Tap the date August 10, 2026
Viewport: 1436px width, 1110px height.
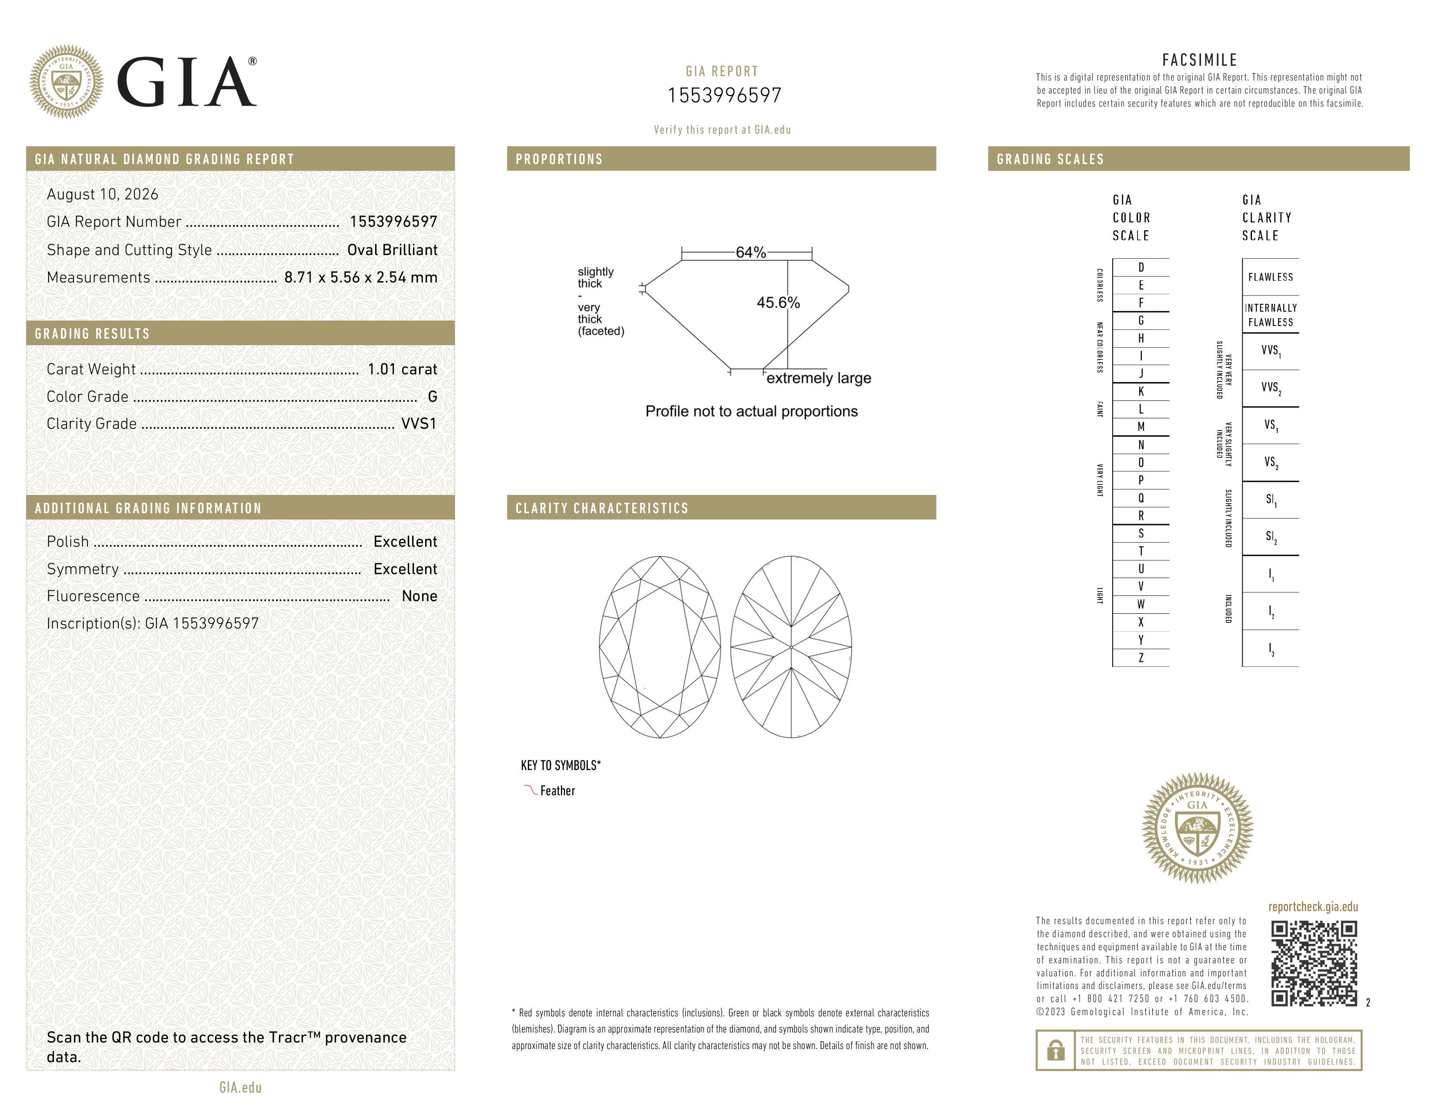pos(103,195)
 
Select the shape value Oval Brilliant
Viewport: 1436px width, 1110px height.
pos(393,250)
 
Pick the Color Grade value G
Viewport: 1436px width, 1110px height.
pos(432,397)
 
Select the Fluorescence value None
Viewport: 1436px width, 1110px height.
pos(419,596)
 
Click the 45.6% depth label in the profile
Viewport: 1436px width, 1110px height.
pos(778,303)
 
